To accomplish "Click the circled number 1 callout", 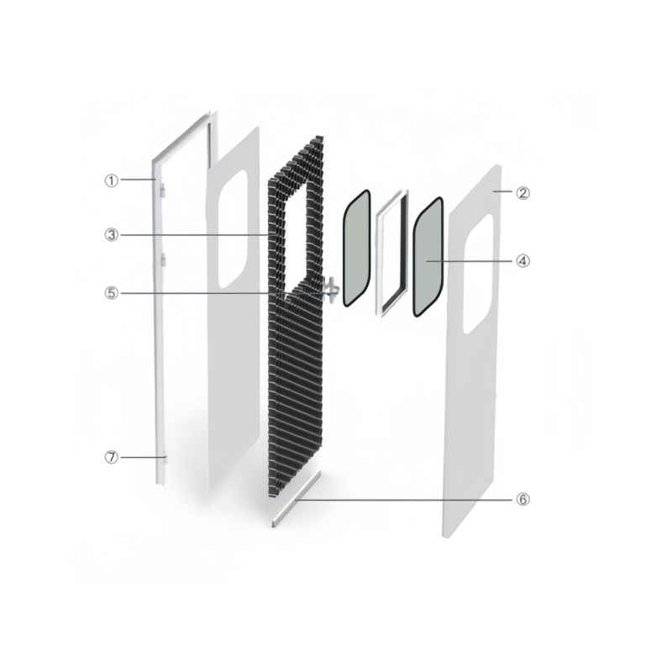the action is coord(112,181).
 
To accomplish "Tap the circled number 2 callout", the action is coord(522,193).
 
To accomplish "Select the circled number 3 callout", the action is coord(112,235).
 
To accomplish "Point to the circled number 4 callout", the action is coord(522,260).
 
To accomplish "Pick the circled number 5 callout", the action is coord(112,293).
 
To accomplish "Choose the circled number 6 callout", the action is coord(522,499).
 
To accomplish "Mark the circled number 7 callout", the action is coord(112,457).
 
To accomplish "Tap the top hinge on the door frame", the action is coord(163,191).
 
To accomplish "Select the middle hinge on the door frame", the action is coord(163,260).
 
